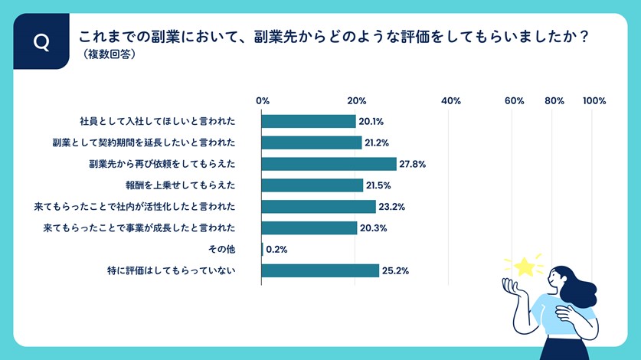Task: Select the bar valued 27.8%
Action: point(329,164)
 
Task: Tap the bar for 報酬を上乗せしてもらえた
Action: point(312,185)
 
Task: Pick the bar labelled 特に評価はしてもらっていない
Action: point(320,270)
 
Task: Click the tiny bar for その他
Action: point(262,249)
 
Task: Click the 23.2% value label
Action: point(392,207)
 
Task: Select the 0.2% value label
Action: point(276,249)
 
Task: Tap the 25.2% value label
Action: point(395,270)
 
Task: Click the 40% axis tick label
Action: point(451,100)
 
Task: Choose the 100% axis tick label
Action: point(594,100)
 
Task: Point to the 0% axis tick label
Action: point(263,100)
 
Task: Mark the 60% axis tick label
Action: point(514,100)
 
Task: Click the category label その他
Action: point(221,249)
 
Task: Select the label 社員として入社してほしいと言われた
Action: point(157,121)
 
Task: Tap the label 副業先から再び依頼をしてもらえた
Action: point(162,164)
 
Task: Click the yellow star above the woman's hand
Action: point(525,266)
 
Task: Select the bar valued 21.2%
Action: point(311,142)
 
